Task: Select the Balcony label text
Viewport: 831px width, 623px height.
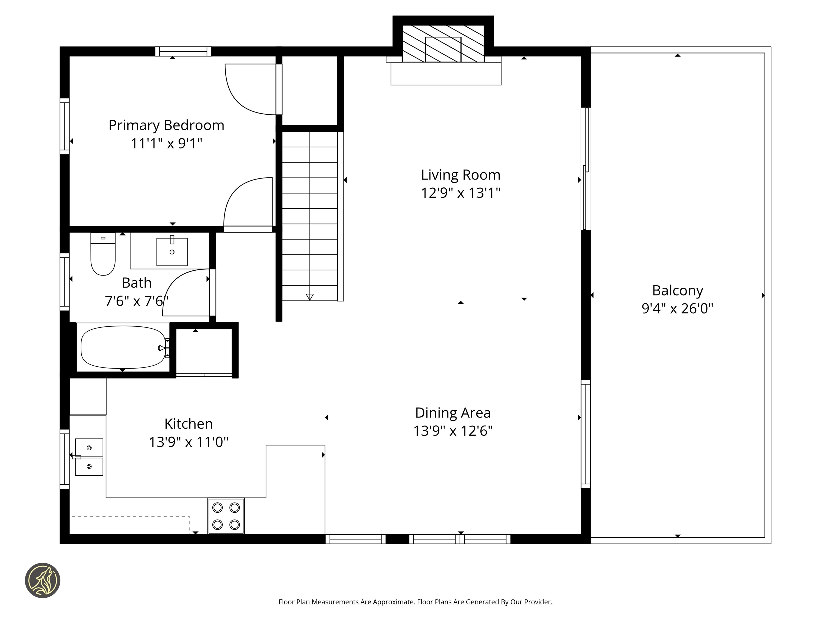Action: tap(677, 291)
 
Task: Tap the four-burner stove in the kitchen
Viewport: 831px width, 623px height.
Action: tap(226, 516)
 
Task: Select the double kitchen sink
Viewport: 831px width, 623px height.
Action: tap(89, 457)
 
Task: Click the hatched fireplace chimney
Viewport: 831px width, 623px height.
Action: tap(443, 44)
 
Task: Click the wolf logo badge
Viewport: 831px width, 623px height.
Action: tap(42, 580)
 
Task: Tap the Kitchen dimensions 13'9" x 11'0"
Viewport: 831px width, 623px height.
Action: tap(189, 442)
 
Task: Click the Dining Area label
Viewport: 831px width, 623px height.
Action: tap(453, 413)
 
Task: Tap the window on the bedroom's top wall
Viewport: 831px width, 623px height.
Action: tap(183, 51)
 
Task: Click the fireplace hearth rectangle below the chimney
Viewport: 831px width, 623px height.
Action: tap(446, 74)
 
